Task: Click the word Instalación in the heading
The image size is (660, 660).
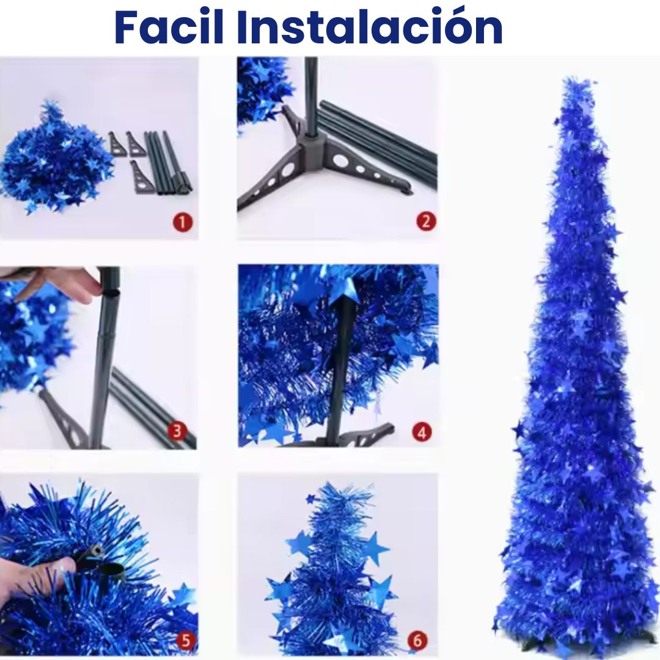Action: (x=370, y=26)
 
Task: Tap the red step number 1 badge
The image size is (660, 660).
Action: (x=182, y=222)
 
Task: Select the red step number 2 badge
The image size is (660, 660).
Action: (x=425, y=221)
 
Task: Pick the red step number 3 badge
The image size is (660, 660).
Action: (x=177, y=431)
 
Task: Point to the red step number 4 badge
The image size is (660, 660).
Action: (x=422, y=432)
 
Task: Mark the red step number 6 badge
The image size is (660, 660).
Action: (x=417, y=640)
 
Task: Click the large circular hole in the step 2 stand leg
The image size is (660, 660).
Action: (x=339, y=160)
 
